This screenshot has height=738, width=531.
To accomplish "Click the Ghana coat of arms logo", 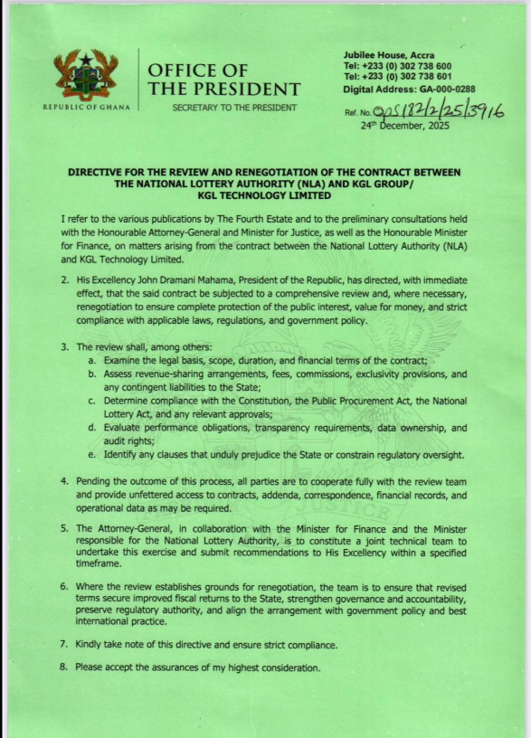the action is pyautogui.click(x=86, y=74).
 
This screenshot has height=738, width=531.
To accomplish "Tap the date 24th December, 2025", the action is pyautogui.click(x=406, y=126).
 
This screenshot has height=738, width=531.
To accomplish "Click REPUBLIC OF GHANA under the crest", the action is pyautogui.click(x=86, y=108).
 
